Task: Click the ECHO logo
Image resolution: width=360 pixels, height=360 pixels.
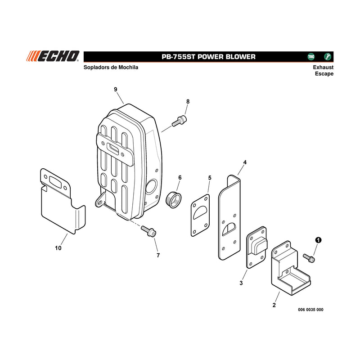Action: click(x=53, y=56)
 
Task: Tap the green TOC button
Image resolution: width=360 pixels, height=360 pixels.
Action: click(x=311, y=57)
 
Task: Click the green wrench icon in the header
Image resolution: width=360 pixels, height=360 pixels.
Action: click(x=328, y=57)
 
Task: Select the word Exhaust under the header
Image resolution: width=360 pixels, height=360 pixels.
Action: click(x=323, y=67)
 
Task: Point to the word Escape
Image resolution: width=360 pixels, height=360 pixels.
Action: click(x=324, y=74)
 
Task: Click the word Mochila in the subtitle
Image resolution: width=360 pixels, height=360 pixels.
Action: click(x=128, y=67)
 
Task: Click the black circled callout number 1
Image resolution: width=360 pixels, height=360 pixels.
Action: click(x=318, y=240)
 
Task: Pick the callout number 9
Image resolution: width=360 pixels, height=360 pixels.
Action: click(x=116, y=89)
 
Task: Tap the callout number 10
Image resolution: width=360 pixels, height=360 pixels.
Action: click(x=58, y=248)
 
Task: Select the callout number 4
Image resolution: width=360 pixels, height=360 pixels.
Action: click(x=245, y=162)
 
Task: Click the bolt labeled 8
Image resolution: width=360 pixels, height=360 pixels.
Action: click(x=179, y=121)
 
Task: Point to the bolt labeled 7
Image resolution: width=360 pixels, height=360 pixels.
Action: click(x=148, y=231)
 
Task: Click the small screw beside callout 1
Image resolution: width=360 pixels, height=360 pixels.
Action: click(x=309, y=258)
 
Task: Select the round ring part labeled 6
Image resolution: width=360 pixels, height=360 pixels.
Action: click(x=174, y=199)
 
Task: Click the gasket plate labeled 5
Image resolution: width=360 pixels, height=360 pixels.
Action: click(x=200, y=216)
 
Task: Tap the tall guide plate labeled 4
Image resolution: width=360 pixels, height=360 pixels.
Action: click(x=229, y=217)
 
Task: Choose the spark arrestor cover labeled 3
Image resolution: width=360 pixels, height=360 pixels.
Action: click(x=256, y=247)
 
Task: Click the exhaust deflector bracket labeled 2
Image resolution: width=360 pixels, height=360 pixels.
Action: click(x=291, y=268)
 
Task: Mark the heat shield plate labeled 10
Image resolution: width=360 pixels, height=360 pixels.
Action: click(x=63, y=201)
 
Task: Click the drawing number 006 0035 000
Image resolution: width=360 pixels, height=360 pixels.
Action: click(x=310, y=310)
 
